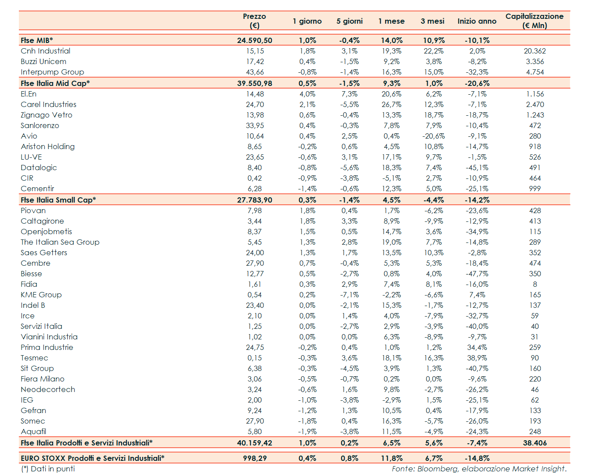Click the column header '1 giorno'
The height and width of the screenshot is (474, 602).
pos(307,21)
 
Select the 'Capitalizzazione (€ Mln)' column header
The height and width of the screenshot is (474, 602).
pos(534,21)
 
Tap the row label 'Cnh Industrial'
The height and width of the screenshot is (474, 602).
pos(45,51)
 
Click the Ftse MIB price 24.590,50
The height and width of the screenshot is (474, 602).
pos(254,40)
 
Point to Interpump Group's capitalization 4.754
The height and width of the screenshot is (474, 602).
pos(535,72)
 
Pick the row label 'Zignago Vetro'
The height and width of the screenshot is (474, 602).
pos(47,115)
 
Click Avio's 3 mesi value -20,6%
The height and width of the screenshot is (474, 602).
pos(433,136)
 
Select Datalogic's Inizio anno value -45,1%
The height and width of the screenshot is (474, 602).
pos(477,168)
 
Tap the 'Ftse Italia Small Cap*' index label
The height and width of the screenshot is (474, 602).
pos(58,200)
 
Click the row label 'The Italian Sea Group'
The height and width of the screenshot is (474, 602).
pos(60,242)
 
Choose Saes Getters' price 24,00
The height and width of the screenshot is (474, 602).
pos(255,253)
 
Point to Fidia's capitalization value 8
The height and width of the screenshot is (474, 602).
pos(535,284)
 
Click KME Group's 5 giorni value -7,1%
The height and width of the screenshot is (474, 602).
pos(350,295)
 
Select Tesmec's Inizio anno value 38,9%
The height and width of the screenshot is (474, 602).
pos(477,358)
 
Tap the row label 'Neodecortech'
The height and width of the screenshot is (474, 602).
pos(48,389)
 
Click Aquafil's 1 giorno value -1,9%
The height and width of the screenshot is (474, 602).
pos(307,431)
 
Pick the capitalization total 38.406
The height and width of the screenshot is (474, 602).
pos(535,443)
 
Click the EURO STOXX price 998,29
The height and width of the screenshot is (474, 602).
pos(255,458)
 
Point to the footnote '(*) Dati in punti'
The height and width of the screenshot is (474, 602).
pos(48,469)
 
